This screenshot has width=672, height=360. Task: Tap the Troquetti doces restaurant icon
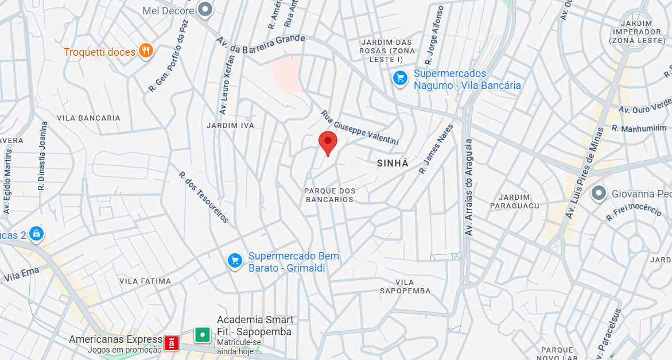tap(146, 52)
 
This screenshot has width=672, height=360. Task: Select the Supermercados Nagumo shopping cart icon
tap(400, 78)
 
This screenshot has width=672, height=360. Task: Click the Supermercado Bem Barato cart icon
tap(234, 261)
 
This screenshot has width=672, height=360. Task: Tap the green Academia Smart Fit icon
tap(202, 334)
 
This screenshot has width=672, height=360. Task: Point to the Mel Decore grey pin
tap(205, 9)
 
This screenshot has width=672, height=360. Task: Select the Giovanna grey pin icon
tap(599, 193)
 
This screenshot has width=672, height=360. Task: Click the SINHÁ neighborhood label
tap(393, 164)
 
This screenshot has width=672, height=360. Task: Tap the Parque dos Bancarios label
tap(330, 195)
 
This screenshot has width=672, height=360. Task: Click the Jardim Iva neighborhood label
tap(230, 126)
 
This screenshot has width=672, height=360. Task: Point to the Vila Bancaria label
tap(89, 118)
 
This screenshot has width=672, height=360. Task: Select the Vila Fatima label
tap(145, 281)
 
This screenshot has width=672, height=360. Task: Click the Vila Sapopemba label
tap(405, 287)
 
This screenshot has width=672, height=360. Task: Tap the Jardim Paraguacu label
tap(515, 201)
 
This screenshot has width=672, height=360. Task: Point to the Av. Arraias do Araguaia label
tap(469, 187)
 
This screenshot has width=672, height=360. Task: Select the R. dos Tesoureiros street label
tap(204, 197)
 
